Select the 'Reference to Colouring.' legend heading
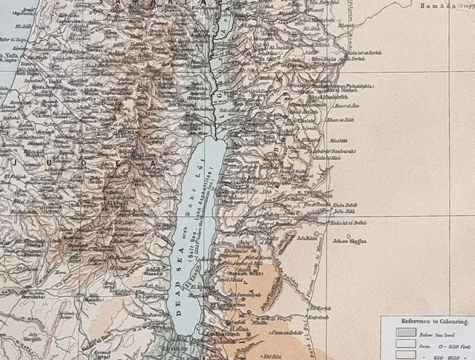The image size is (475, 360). [x=424, y=321]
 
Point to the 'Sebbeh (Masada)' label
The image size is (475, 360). [x=154, y=271]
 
